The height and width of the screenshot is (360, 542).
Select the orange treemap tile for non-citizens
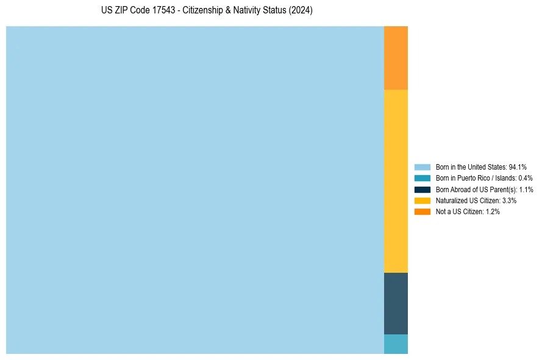click(396, 58)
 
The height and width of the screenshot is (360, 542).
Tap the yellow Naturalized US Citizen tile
click(396, 181)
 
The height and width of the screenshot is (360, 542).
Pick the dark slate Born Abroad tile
click(396, 303)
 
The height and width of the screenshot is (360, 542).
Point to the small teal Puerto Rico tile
click(396, 344)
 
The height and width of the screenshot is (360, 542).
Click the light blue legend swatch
click(422, 167)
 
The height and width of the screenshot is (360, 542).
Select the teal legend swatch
click(422, 178)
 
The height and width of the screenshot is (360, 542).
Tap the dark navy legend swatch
click(422, 189)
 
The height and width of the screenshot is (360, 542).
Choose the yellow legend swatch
click(422, 200)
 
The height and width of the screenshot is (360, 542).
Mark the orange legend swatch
click(422, 211)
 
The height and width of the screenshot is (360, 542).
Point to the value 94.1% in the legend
click(518, 167)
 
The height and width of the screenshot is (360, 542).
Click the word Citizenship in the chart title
click(202, 11)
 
